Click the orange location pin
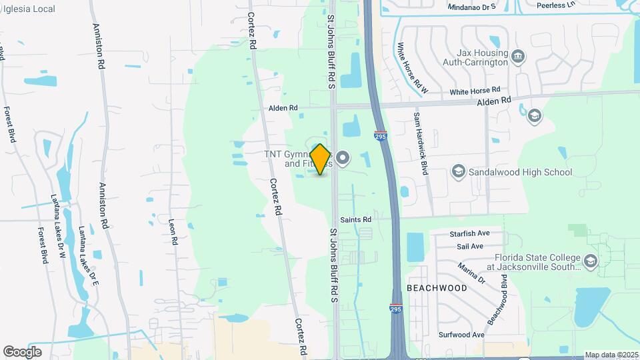tap(320, 159)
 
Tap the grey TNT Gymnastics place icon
tap(343, 158)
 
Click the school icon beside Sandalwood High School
tap(458, 172)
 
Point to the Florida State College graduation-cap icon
tap(589, 260)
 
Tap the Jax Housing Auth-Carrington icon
tap(518, 59)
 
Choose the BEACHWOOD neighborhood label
tap(437, 287)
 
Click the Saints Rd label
tap(355, 219)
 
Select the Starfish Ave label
tap(470, 233)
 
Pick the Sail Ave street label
tap(470, 246)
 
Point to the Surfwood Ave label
tap(461, 335)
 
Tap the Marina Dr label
tap(471, 273)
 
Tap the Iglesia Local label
tap(28, 9)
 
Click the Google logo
tap(22, 351)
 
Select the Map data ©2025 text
tap(611, 355)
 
